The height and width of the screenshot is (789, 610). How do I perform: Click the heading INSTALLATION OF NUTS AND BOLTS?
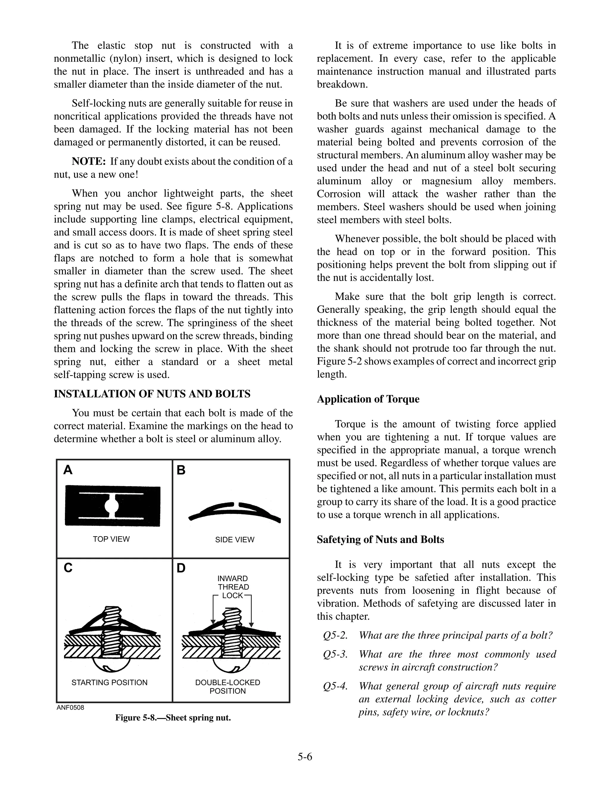[152, 394]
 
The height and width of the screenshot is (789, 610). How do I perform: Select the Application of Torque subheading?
[368, 399]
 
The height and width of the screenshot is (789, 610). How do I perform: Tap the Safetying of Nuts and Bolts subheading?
[380, 539]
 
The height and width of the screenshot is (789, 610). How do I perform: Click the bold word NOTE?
[88, 161]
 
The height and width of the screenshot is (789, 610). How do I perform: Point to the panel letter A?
[68, 470]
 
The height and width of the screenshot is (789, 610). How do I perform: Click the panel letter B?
[181, 470]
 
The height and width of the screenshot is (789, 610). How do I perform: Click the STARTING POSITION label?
[110, 682]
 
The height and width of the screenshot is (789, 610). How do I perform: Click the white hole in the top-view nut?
[112, 506]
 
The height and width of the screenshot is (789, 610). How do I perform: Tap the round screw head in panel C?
[112, 665]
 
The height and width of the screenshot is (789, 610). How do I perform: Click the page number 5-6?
[305, 757]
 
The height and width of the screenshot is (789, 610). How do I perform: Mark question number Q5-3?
[335, 654]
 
